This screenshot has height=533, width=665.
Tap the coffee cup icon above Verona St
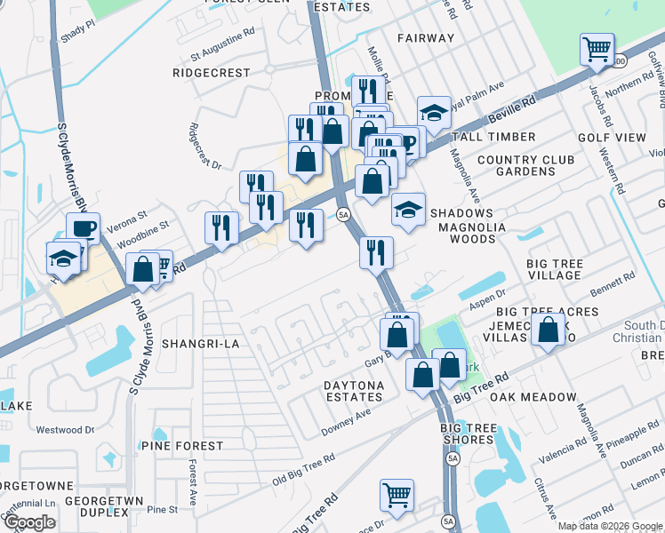coord(84,228)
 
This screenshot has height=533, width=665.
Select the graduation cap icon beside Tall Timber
coord(434,112)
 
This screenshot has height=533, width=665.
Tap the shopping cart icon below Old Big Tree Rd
coord(397,494)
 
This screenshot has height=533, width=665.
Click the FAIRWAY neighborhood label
coord(426,38)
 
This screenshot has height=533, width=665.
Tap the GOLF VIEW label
coord(612,138)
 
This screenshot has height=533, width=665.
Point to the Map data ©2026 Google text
coord(610,526)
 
